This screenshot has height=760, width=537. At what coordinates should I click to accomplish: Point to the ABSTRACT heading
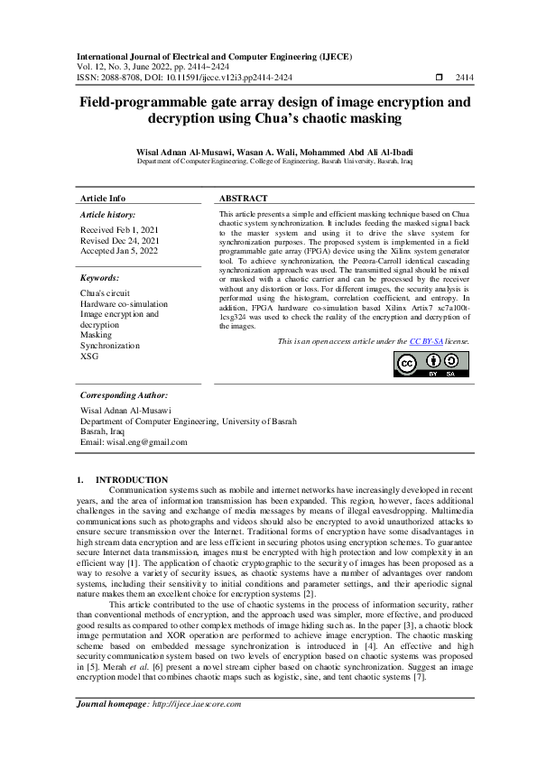click(x=244, y=198)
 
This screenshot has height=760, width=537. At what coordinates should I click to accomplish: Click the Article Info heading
click(x=103, y=198)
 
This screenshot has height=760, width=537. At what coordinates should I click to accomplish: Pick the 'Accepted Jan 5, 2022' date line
click(x=117, y=251)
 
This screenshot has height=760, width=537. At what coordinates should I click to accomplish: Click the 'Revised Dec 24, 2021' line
click(x=120, y=241)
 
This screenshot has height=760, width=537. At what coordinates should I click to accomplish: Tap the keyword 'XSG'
click(x=89, y=356)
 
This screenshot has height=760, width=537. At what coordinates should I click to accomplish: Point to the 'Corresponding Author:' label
click(x=124, y=395)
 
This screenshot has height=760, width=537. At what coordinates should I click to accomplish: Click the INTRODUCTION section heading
click(x=132, y=479)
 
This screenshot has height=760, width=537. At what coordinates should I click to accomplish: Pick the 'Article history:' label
click(x=108, y=215)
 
